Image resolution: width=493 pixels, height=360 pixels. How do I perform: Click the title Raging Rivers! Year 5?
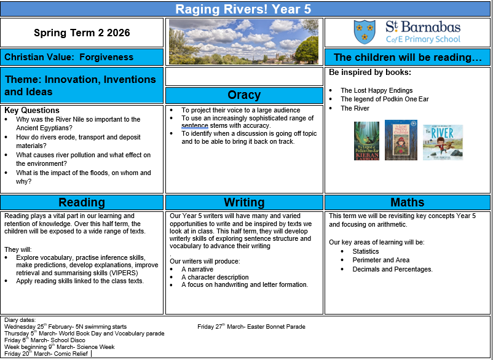[245, 9]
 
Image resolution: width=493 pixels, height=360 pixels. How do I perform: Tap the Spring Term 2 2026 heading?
[82, 33]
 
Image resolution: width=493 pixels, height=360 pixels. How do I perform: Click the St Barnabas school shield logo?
[365, 32]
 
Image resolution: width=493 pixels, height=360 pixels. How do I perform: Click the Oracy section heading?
[244, 95]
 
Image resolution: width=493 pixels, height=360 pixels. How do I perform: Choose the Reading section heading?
[82, 202]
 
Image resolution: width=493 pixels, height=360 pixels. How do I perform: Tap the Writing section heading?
[244, 202]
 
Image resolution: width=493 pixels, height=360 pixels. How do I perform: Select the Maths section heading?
[407, 202]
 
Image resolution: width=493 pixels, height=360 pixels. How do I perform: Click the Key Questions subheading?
[32, 111]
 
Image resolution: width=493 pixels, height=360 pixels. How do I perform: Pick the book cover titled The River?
[443, 142]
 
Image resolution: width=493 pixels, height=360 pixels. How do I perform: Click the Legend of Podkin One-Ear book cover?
[367, 141]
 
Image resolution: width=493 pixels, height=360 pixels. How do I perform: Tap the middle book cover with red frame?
[401, 140]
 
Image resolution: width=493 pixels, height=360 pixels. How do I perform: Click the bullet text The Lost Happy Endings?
[376, 90]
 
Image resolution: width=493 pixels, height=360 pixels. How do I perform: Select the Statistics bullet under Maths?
[366, 251]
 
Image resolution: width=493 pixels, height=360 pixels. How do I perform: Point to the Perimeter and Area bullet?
[381, 260]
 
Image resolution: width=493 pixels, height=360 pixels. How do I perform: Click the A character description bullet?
[215, 277]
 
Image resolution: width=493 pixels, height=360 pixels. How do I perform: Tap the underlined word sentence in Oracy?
[195, 125]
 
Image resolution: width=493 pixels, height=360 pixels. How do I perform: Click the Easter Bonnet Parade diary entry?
[251, 326]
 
